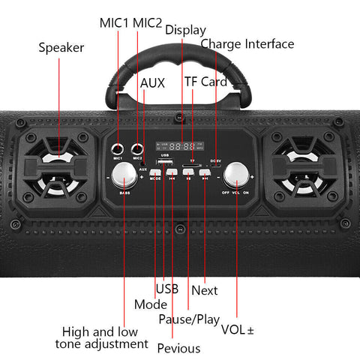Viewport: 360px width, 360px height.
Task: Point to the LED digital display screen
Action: click(x=177, y=147)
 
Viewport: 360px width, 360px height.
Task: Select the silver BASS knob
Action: click(x=123, y=177)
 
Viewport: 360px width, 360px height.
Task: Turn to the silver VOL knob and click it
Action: click(x=235, y=176)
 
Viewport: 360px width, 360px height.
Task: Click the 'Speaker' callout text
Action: click(x=61, y=48)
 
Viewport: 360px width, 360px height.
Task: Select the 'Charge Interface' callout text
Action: click(x=247, y=44)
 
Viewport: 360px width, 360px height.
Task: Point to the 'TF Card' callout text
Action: click(x=205, y=81)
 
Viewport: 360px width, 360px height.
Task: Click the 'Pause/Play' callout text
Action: click(x=189, y=319)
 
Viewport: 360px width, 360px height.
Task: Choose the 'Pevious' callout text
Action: click(x=178, y=348)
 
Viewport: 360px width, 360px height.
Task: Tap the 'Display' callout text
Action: click(x=185, y=29)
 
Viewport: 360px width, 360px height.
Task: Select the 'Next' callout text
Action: click(x=205, y=290)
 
